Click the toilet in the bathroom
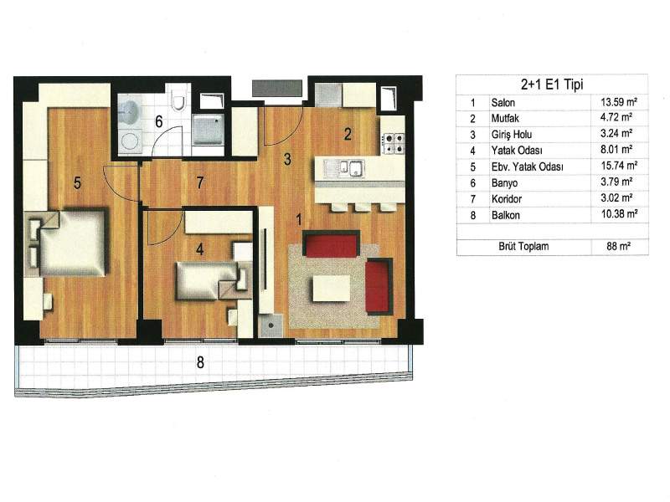coord(178,101)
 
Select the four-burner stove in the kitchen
coord(393,143)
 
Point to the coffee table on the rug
coord(331,288)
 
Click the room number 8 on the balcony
coord(200,362)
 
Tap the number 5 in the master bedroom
coord(77,182)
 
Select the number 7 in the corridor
coord(200,182)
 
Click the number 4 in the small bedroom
coord(199,249)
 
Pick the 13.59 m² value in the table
coord(619,102)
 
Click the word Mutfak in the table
coord(505,118)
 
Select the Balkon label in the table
coord(506,215)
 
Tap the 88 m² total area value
coord(618,246)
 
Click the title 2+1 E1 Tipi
coord(552,85)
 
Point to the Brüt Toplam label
coord(523,246)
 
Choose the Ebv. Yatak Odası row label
coord(527,166)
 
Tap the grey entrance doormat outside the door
coord(277,88)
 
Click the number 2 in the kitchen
coord(348,135)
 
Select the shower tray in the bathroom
coord(208,130)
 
